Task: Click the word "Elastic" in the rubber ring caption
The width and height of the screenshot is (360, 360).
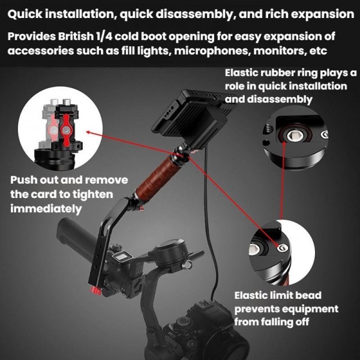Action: [x=243, y=73]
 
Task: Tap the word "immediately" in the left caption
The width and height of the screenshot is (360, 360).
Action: [x=46, y=209]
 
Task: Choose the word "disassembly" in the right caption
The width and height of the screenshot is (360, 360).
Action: [x=282, y=100]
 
